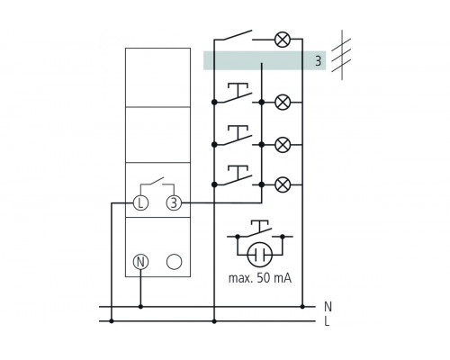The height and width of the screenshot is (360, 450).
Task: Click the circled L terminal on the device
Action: click(x=140, y=203)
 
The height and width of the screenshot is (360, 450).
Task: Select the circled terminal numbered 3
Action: click(x=175, y=203)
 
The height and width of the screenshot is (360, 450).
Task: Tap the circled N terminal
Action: click(x=140, y=263)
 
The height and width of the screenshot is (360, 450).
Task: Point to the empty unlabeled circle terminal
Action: click(x=175, y=263)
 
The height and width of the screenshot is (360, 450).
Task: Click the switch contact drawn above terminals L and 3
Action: click(x=157, y=184)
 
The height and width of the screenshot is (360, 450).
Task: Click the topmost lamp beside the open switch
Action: click(x=282, y=40)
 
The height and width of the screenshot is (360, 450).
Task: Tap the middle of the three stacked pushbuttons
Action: click(x=238, y=132)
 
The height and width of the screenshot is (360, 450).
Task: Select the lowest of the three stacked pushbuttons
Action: click(x=238, y=173)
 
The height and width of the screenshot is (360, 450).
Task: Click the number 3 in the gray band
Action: click(x=317, y=61)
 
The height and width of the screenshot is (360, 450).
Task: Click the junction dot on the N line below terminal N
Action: click(x=140, y=307)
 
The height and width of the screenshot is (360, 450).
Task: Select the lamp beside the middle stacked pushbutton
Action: click(x=282, y=142)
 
